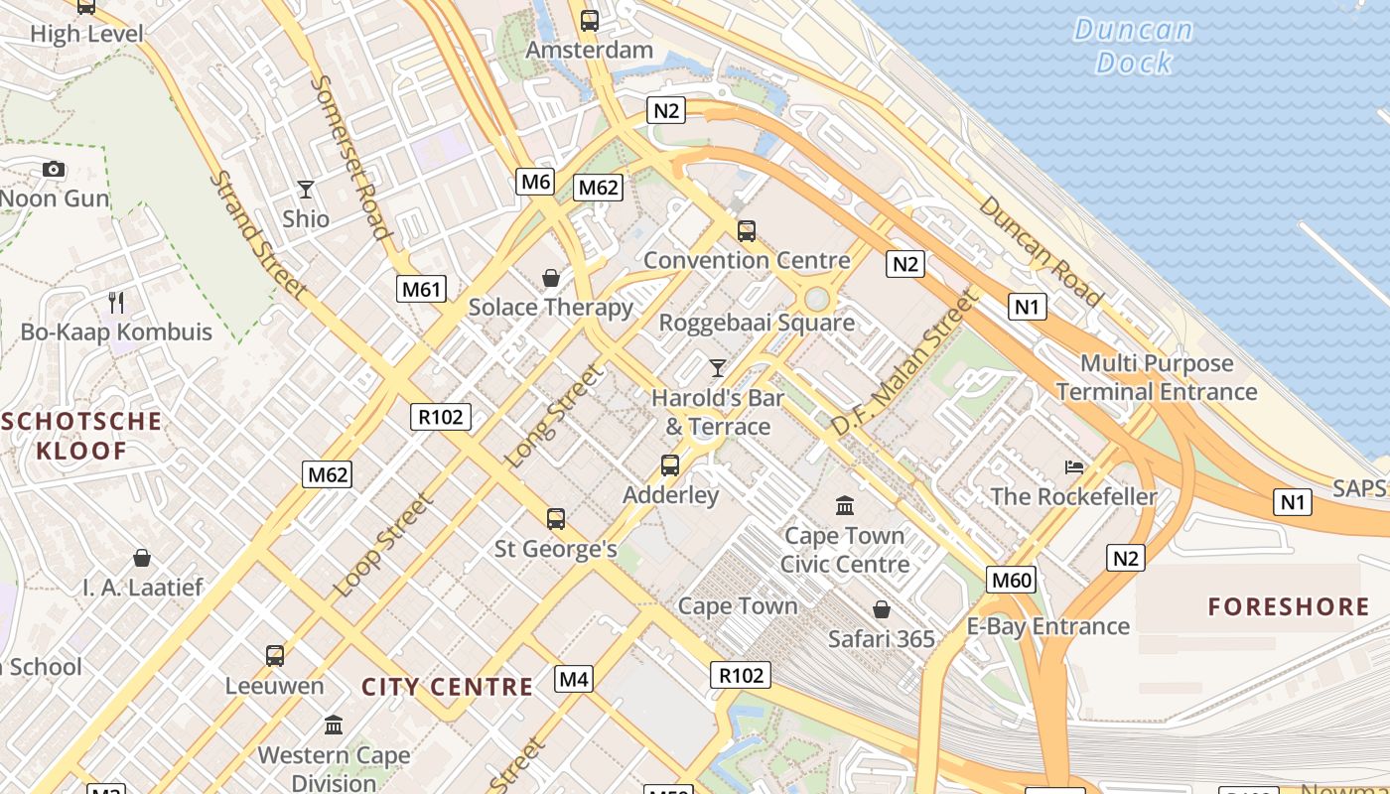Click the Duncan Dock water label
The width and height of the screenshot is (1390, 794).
click(x=1134, y=46)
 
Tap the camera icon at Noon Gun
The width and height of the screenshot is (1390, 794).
click(x=54, y=169)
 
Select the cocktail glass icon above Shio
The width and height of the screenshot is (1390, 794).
click(x=305, y=189)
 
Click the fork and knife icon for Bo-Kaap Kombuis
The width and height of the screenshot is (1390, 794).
click(x=117, y=302)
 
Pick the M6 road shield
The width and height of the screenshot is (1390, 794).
click(x=535, y=181)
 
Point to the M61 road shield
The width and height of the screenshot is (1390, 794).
click(x=421, y=289)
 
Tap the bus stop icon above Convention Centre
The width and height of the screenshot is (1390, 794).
click(x=747, y=231)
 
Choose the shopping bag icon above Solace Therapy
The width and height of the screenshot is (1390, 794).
click(x=550, y=278)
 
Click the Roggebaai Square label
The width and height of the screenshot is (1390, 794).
click(x=757, y=323)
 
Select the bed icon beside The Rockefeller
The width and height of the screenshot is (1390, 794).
click(x=1073, y=466)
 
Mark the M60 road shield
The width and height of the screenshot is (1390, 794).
click(x=1011, y=580)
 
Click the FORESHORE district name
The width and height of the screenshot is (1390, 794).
click(x=1289, y=606)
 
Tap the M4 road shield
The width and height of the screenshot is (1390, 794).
click(x=574, y=679)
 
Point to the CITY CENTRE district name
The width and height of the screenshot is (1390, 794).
click(x=447, y=687)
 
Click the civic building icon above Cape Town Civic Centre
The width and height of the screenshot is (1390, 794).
click(x=845, y=506)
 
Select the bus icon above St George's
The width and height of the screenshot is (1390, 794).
click(x=556, y=518)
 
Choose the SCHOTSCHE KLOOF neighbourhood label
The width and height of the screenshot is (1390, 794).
click(x=82, y=436)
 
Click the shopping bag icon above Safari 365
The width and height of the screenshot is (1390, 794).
click(x=881, y=608)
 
